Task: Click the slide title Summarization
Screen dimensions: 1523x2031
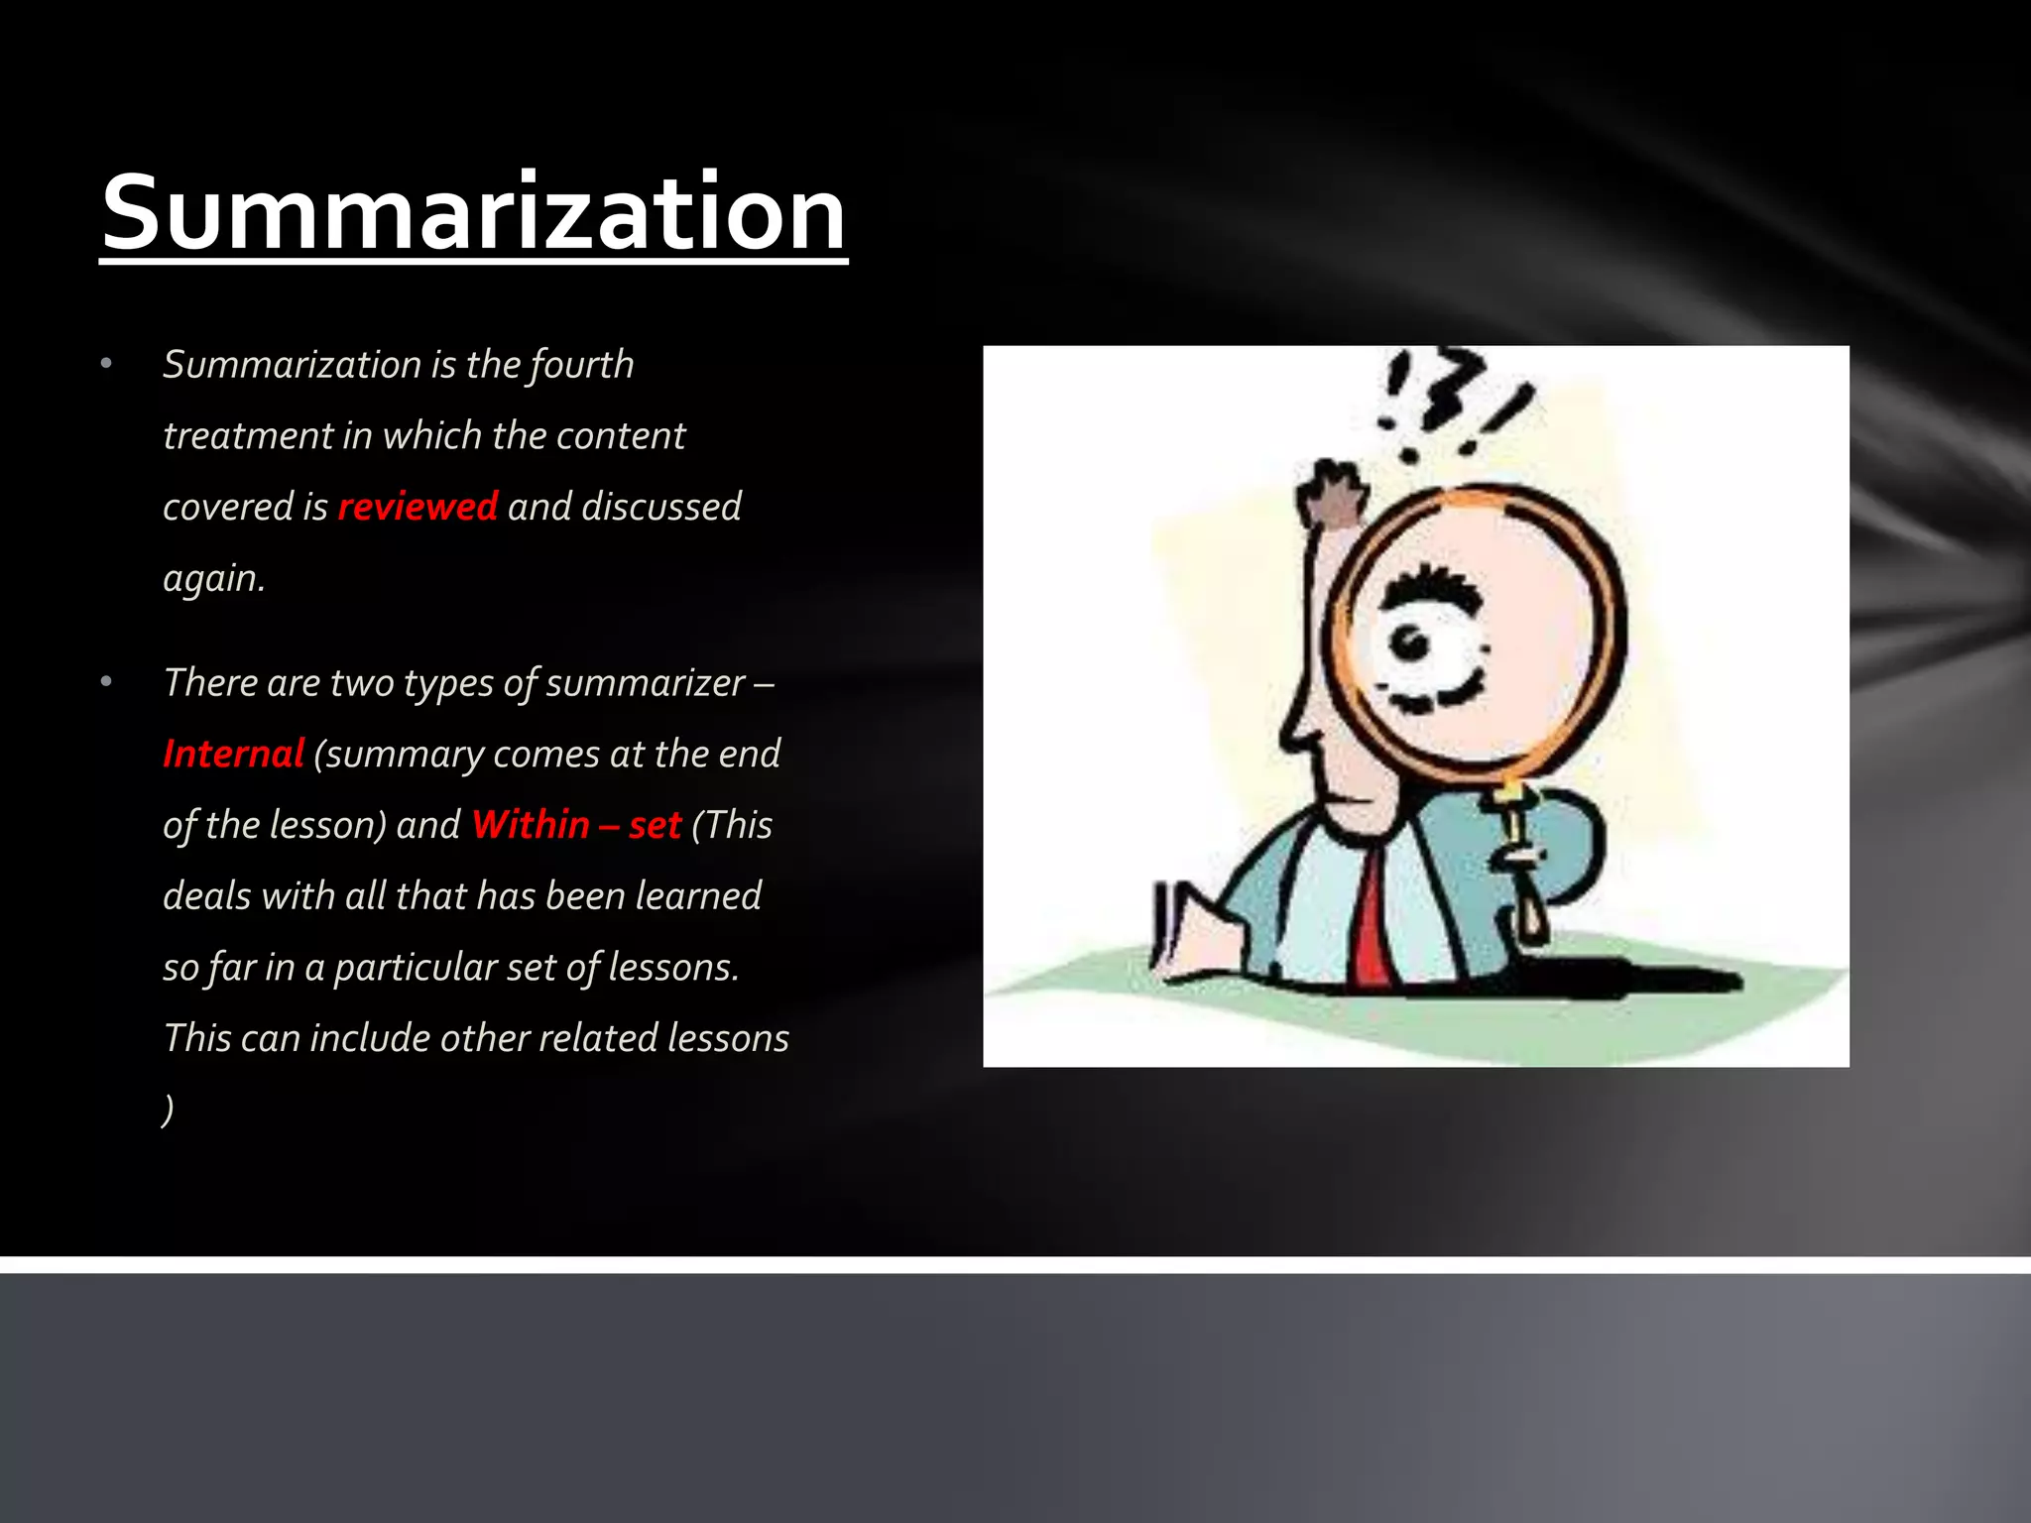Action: click(474, 213)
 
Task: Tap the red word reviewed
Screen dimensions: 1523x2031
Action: click(418, 507)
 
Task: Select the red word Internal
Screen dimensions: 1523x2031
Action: click(233, 754)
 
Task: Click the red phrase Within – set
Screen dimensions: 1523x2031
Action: click(576, 825)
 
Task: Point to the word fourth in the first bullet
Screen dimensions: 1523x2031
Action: click(581, 365)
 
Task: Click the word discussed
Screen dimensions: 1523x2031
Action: click(661, 507)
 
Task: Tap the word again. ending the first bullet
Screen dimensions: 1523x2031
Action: click(213, 578)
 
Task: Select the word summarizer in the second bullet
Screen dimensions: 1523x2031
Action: click(645, 683)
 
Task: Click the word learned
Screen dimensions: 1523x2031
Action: click(698, 896)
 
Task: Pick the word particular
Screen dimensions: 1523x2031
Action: click(414, 968)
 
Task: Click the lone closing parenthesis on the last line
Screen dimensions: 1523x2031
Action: click(168, 1109)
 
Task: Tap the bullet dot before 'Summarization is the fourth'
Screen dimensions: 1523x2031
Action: click(106, 364)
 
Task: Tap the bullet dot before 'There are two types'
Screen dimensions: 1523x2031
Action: click(106, 682)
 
